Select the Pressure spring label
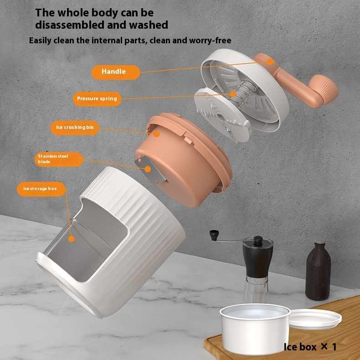click(96, 98)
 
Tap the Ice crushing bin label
click(74, 128)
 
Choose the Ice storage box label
click(41, 188)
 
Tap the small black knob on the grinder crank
click(212, 235)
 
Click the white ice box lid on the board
click(314, 318)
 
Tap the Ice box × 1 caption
click(310, 347)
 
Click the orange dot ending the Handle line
click(270, 61)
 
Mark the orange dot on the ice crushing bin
click(156, 134)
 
